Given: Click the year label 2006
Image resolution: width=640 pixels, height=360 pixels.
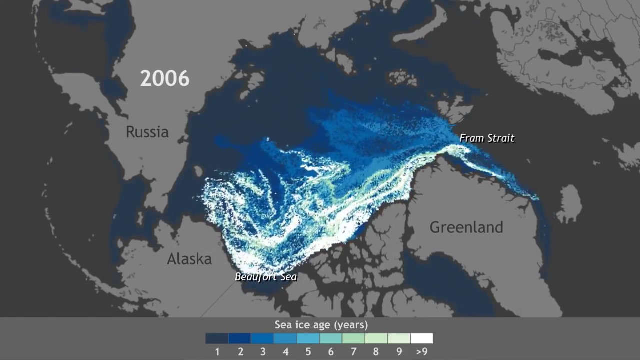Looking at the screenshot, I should (x=165, y=78).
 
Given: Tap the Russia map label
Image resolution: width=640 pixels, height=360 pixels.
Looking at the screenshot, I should (x=147, y=132).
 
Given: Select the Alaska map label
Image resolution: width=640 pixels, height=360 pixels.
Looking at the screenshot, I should (x=189, y=259).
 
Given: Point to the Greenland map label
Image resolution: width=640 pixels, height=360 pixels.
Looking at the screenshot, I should (x=466, y=227).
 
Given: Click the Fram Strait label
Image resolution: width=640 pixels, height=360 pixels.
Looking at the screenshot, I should (x=486, y=138).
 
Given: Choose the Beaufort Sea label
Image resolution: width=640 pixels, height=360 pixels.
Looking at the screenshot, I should (x=266, y=276).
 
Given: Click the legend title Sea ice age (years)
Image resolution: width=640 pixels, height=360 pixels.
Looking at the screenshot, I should (x=321, y=325).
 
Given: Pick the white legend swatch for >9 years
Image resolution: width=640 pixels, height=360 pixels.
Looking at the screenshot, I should (x=421, y=338).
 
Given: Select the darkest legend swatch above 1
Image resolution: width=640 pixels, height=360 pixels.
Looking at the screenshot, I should (x=217, y=338).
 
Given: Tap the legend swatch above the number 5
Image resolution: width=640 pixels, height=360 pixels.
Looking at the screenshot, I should (x=308, y=338).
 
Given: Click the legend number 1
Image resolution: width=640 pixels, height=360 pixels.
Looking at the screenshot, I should (x=217, y=351).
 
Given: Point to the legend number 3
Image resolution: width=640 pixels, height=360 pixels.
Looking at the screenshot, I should (x=262, y=351).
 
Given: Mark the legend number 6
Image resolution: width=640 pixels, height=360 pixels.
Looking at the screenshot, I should (x=330, y=351).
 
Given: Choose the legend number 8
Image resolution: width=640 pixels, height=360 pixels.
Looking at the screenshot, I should (x=376, y=351).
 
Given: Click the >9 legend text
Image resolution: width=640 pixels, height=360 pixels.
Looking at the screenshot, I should (x=421, y=351).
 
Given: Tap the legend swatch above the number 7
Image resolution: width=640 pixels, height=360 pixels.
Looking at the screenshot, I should (x=353, y=338).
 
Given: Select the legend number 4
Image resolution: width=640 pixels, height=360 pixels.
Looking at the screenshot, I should (x=285, y=351).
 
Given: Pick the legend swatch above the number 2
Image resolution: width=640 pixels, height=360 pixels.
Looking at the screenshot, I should (x=239, y=338).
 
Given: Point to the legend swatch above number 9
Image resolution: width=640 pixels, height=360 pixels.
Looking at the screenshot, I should (x=399, y=338).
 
